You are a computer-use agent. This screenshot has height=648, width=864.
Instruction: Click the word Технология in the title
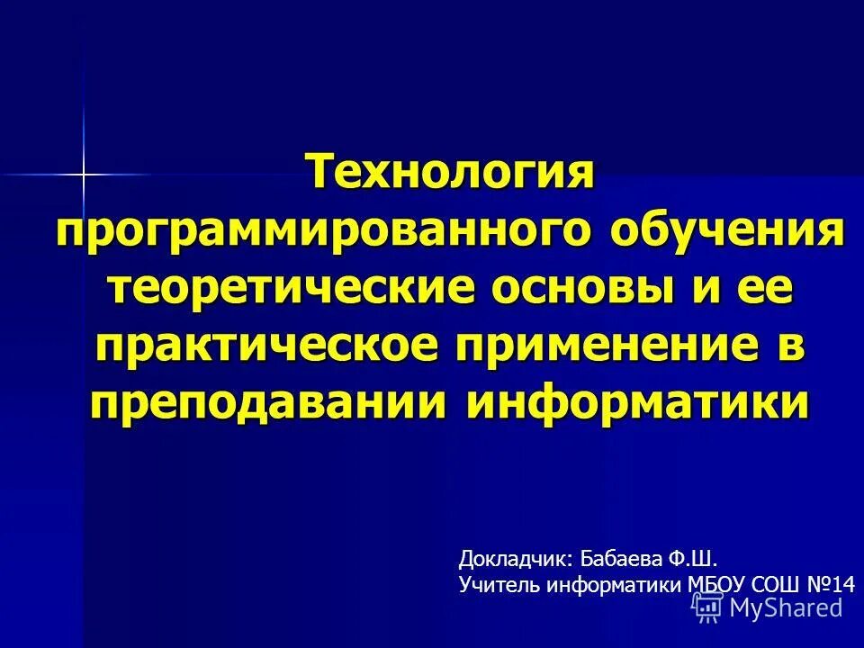tap(453, 171)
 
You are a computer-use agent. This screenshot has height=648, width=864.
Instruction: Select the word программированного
tap(322, 231)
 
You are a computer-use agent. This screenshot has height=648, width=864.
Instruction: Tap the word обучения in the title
tap(729, 231)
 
